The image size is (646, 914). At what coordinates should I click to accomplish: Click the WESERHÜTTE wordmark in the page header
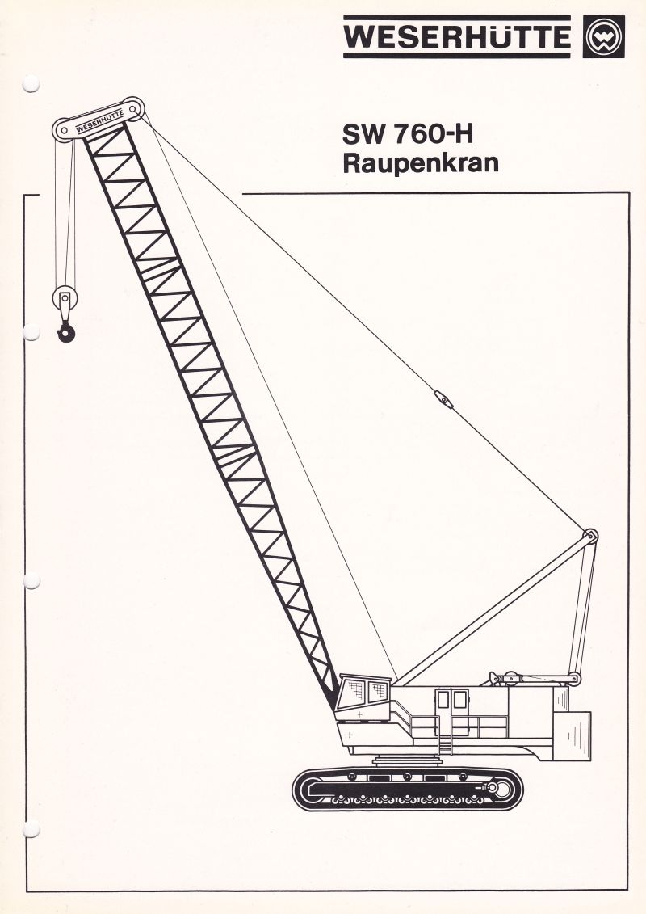[x=457, y=36]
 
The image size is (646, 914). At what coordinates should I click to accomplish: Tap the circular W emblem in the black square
[x=603, y=36]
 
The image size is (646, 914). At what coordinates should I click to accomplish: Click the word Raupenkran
[x=421, y=163]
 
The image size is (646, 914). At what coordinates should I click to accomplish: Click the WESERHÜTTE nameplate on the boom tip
[x=99, y=120]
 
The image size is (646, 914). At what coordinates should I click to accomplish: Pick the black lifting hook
[x=66, y=333]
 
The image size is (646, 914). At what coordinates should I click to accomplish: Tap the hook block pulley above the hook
[x=65, y=298]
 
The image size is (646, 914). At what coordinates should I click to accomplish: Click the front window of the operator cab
[x=354, y=692]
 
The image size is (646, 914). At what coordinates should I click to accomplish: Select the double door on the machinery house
[x=452, y=701]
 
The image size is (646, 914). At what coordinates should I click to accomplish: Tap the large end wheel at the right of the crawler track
[x=498, y=789]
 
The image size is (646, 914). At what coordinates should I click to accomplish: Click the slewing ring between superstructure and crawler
[x=407, y=760]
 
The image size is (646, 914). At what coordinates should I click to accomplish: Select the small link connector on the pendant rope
[x=443, y=400]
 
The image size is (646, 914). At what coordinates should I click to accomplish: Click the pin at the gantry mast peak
[x=590, y=536]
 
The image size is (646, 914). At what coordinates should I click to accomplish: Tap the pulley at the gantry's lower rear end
[x=574, y=679]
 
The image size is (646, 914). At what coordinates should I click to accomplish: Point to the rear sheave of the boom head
[x=134, y=108]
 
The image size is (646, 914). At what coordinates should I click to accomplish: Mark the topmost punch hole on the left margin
[x=31, y=84]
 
